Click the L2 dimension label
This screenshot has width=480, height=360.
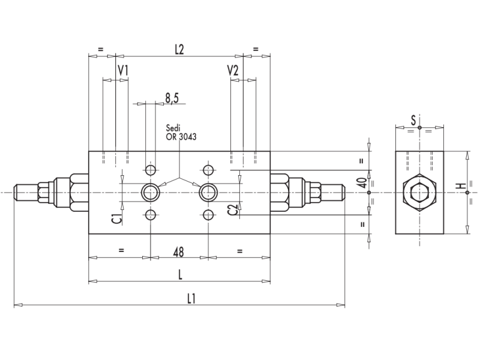point(179,50)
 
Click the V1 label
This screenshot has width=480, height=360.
point(122,71)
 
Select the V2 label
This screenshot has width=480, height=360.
point(233,71)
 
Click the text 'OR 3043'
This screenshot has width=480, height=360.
point(181,137)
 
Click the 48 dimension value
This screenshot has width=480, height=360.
point(179,251)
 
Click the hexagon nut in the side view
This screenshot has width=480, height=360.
point(419,193)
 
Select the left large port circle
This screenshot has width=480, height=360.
point(149,192)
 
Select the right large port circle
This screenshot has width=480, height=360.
point(208,192)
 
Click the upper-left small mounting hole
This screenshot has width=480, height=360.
point(150,169)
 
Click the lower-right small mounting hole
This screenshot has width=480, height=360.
point(208,215)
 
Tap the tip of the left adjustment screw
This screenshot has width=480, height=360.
point(17,192)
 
